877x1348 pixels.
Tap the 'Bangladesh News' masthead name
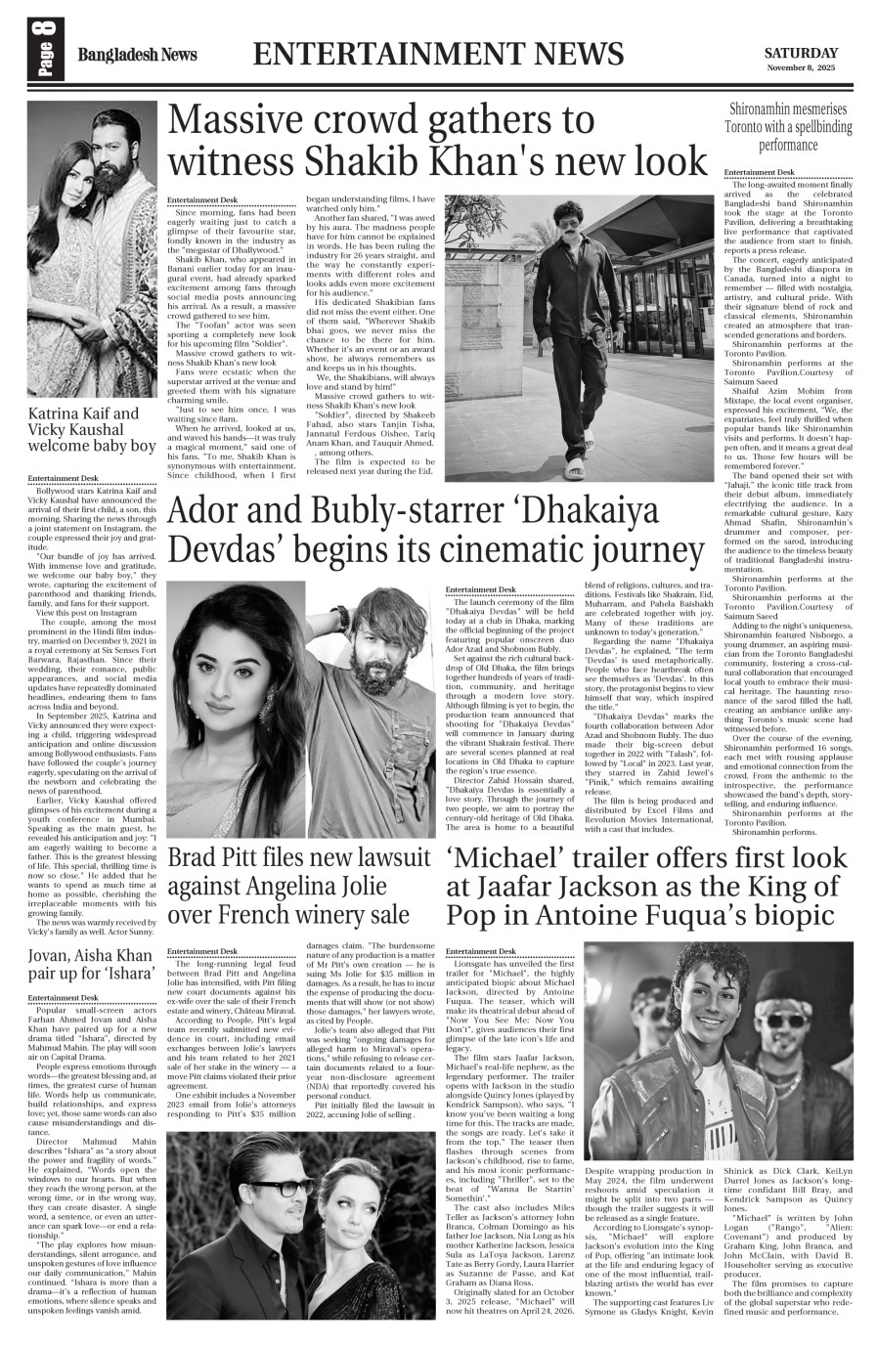pos(138,55)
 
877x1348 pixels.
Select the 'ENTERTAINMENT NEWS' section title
pos(443,54)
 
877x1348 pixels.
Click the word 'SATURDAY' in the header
pos(801,53)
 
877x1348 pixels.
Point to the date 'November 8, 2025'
pos(801,69)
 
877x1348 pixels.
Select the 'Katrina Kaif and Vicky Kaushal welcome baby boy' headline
pos(92,429)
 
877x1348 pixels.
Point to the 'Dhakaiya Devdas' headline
pos(436,532)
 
